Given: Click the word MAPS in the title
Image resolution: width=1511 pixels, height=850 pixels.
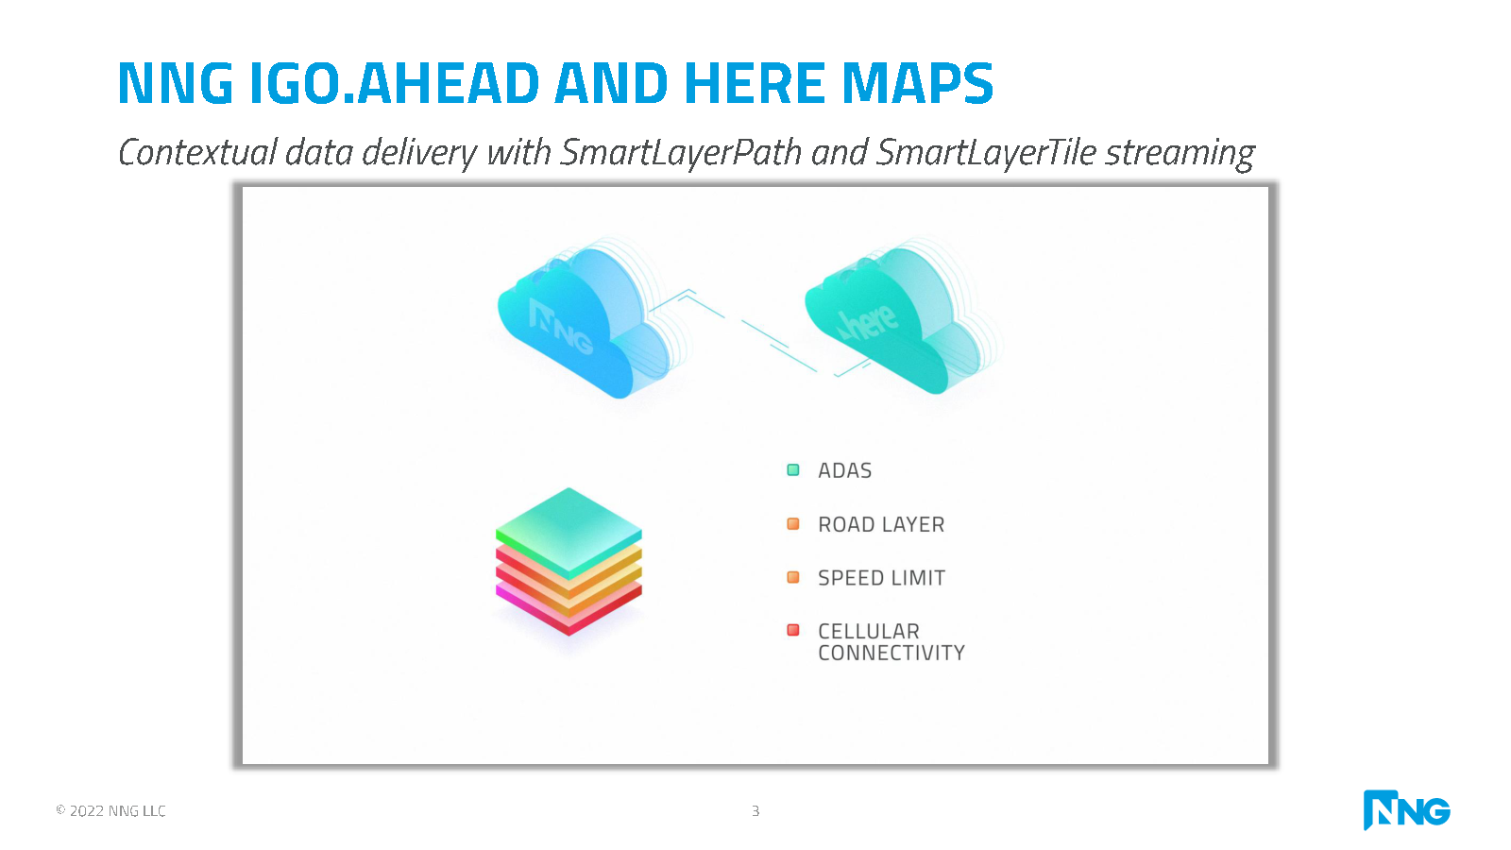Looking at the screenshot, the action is click(917, 83).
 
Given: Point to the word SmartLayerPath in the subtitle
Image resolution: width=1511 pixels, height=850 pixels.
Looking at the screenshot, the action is click(681, 152).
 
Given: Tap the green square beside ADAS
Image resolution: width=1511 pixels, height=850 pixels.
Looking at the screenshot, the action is click(793, 469).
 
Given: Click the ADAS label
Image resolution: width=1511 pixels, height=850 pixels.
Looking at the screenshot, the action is click(844, 470).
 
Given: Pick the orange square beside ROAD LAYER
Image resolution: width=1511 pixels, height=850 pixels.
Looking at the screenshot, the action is click(793, 523).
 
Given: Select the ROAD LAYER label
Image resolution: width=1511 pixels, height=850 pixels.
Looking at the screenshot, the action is click(881, 524).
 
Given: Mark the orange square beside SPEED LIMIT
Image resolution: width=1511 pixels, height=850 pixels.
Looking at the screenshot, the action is click(793, 577).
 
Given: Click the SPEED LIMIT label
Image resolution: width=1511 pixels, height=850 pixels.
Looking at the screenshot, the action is click(882, 577).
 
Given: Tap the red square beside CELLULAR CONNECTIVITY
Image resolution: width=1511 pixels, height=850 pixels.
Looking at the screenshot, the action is click(793, 629).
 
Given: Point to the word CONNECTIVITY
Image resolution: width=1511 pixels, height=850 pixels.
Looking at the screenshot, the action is click(891, 653).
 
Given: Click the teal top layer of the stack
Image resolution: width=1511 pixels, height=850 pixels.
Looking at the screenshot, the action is click(569, 533).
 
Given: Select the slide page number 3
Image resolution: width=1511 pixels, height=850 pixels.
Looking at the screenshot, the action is click(755, 810).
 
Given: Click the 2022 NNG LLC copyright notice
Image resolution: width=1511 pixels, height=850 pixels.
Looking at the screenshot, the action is click(110, 810).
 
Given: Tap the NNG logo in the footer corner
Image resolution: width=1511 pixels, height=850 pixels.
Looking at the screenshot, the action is click(1407, 809).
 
